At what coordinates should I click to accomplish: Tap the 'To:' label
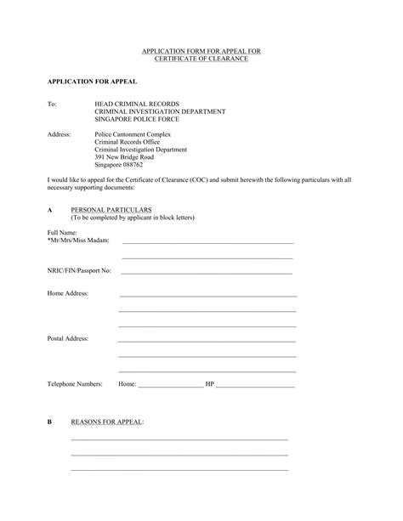coord(53,104)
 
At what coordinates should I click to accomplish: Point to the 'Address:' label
coord(60,134)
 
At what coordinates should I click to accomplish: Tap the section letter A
coord(50,209)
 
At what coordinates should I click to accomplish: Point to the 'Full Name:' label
coord(63,232)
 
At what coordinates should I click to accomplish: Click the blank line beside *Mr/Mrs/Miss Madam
coord(207,243)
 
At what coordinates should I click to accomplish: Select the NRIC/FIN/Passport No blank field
coord(207,273)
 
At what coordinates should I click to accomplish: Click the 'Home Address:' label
coord(68,293)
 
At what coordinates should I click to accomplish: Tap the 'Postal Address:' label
coord(69,338)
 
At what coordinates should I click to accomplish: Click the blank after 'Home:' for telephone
coord(170,387)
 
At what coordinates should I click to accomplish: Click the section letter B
coord(50,422)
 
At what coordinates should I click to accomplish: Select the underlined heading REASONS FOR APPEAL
coord(107,422)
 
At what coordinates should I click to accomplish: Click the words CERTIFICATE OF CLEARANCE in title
coord(201,59)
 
